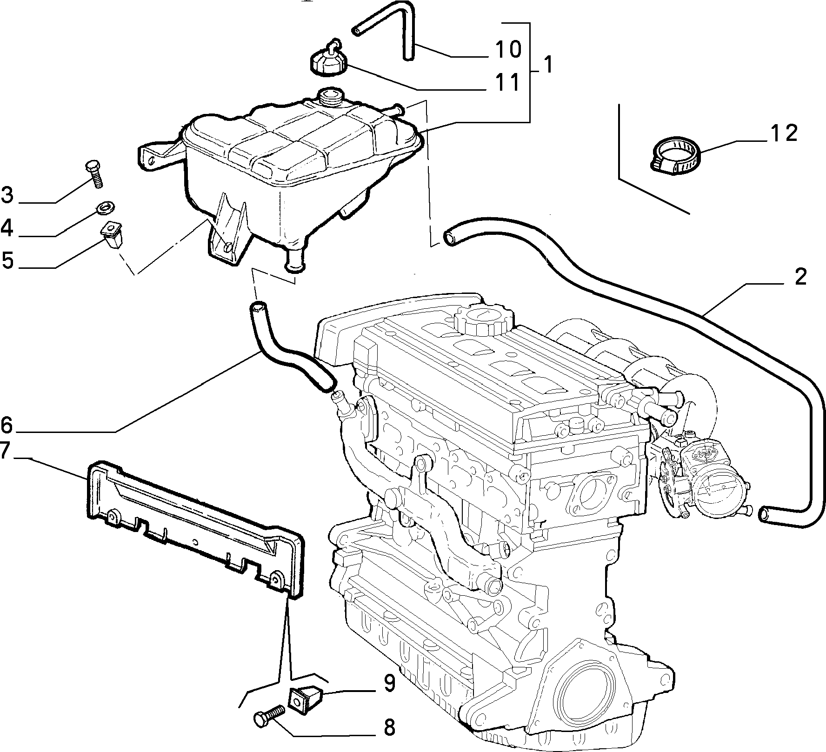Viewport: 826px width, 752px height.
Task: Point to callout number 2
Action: point(799,278)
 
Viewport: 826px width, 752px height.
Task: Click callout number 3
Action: point(7,195)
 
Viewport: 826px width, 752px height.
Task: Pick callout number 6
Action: point(7,425)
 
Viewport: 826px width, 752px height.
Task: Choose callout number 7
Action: point(5,452)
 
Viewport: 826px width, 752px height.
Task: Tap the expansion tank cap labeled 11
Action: point(327,61)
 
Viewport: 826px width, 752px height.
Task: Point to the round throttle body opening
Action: point(717,490)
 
